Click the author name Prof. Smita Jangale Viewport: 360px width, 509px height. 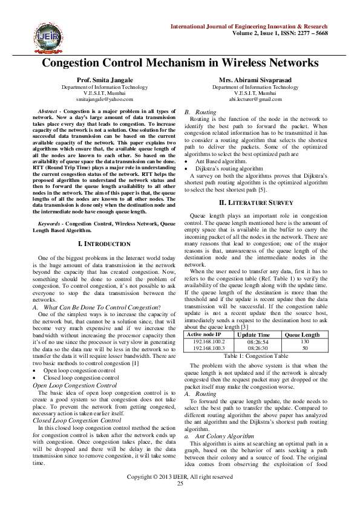click(105, 80)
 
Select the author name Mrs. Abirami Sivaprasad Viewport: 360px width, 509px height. click(255, 80)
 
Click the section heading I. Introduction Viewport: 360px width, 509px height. click(105, 244)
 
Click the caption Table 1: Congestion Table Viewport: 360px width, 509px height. click(255, 357)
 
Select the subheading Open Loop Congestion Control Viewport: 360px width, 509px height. click(74, 384)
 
